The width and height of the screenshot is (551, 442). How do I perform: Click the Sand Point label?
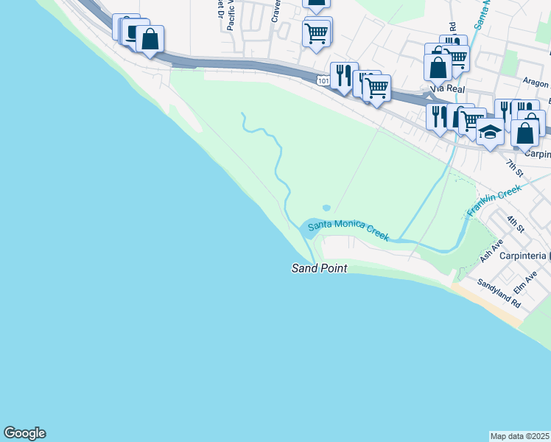(320, 269)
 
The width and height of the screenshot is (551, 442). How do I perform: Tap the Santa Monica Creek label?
(348, 230)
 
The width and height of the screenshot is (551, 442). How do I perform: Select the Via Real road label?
(447, 88)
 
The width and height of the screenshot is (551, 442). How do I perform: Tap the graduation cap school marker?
(489, 133)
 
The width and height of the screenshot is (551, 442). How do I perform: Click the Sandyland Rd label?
(499, 293)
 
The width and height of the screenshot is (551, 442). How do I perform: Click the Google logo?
(24, 433)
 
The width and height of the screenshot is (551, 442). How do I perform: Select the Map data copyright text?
(520, 435)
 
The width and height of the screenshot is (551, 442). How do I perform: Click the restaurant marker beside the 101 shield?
(343, 75)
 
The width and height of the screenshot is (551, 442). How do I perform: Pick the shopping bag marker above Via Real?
(438, 68)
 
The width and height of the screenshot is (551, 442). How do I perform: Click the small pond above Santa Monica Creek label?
(326, 208)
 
